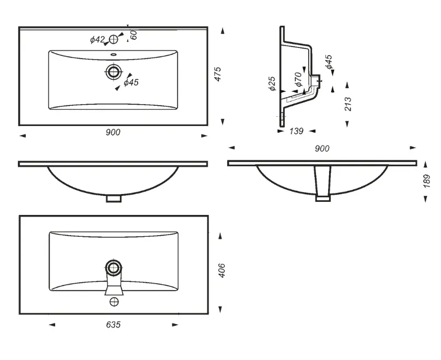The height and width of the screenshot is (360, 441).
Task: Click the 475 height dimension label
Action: [218, 74]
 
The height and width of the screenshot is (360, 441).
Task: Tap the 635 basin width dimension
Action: [114, 325]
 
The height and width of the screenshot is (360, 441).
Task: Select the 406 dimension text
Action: [222, 271]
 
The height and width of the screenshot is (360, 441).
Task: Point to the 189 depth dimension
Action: [427, 181]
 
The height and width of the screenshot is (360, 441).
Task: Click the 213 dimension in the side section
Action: [348, 104]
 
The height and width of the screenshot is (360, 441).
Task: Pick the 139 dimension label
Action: [296, 131]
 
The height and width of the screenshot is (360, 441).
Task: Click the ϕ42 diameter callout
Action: [97, 40]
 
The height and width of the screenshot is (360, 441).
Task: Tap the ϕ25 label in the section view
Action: [272, 83]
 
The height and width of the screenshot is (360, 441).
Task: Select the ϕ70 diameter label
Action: [298, 79]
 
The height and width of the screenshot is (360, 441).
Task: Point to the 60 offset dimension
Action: [134, 34]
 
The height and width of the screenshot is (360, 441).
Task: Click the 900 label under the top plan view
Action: [113, 132]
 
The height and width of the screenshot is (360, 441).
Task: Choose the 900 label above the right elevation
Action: [322, 148]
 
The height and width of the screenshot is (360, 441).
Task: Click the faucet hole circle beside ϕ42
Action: [114, 39]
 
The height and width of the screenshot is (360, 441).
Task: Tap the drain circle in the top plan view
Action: [114, 71]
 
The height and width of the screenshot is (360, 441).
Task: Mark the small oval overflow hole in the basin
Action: [114, 54]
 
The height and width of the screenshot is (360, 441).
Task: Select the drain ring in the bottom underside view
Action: [114, 267]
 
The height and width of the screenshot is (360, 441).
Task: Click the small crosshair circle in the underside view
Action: [114, 302]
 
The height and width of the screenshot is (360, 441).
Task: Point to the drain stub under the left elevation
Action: [114, 199]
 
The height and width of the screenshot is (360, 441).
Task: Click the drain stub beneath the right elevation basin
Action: [323, 199]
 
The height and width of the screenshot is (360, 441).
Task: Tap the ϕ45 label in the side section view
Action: [329, 62]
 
